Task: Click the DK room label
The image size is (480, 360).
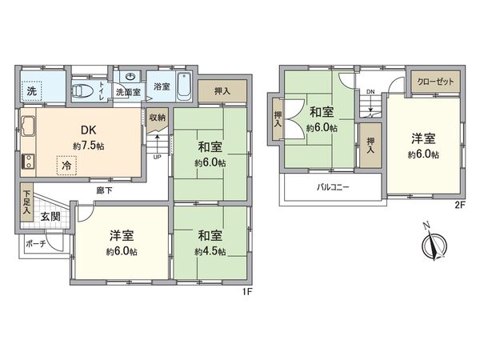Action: point(86,130)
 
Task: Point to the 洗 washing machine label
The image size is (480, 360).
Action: point(31,90)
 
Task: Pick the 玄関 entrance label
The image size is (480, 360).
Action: point(50,217)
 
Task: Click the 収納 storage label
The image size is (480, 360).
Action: point(157,118)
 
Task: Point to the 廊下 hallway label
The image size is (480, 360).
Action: point(103,190)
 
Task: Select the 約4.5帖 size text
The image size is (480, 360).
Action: point(210,251)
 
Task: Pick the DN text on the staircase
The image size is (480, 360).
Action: point(370,91)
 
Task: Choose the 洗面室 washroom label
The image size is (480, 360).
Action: point(128,93)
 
